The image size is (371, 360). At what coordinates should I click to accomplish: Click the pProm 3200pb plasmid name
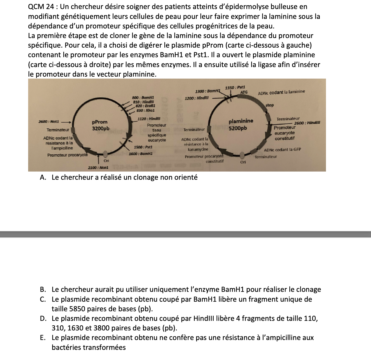(x=100, y=125)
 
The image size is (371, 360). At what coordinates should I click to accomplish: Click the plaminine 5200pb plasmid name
(x=241, y=125)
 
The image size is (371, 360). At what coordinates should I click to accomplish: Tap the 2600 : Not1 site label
(x=49, y=121)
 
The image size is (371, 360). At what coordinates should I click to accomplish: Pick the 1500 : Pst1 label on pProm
(x=143, y=147)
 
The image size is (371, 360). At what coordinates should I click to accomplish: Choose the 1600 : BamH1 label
(x=141, y=154)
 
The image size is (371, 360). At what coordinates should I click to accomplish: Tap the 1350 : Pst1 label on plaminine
(x=235, y=88)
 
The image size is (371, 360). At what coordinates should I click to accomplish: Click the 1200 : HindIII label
(x=197, y=98)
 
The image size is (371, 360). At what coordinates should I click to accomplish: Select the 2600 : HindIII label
(x=307, y=123)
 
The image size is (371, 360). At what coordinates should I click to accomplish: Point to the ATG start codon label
(x=244, y=92)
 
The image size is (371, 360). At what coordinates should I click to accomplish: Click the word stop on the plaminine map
(x=269, y=105)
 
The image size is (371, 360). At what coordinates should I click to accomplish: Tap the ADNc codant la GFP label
(x=282, y=150)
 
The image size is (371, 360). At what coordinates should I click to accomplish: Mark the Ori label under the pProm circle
(x=106, y=161)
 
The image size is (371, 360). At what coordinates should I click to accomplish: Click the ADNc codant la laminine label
(x=281, y=92)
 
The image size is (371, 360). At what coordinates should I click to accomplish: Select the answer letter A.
(x=43, y=177)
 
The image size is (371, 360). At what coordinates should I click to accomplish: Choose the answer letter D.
(x=43, y=319)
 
